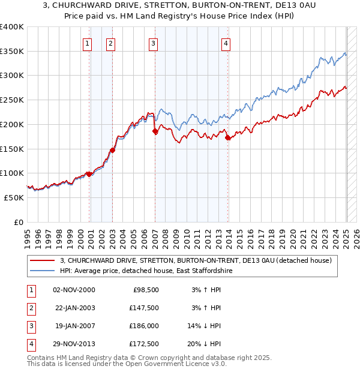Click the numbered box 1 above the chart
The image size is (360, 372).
click(88, 43)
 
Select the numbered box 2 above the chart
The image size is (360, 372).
click(111, 43)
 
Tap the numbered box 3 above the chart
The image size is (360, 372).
click(154, 43)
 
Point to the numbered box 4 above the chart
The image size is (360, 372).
click(226, 43)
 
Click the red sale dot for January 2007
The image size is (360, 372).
click(155, 131)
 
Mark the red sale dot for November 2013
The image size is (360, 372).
click(228, 138)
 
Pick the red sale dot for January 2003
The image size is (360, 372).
click(113, 150)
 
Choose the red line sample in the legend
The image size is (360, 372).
click(42, 260)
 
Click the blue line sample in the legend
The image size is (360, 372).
click(42, 271)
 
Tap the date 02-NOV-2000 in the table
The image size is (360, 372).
click(74, 290)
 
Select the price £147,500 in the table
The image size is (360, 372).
click(144, 308)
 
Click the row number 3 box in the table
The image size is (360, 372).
click(31, 326)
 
